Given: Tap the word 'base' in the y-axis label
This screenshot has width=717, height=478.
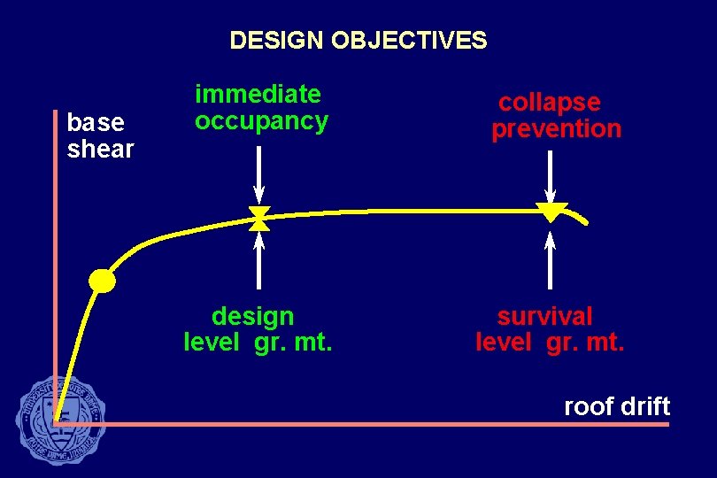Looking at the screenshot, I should click(x=96, y=122).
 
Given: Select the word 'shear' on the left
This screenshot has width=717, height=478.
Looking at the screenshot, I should click(x=100, y=150).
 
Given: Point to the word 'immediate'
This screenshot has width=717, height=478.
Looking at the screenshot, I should click(x=258, y=94).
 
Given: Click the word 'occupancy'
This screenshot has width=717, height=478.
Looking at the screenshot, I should click(x=261, y=121).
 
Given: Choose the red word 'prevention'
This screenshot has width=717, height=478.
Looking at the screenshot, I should click(x=557, y=129).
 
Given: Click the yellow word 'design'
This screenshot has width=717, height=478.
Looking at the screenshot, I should click(x=252, y=316).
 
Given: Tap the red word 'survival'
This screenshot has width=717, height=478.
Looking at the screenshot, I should click(x=544, y=316).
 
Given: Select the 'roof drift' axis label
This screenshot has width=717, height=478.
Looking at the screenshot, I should click(x=617, y=407).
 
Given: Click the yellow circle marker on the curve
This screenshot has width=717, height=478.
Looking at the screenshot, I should click(x=103, y=281).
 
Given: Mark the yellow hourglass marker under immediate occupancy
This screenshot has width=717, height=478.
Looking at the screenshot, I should click(x=258, y=219).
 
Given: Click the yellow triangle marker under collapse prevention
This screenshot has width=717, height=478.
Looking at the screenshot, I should click(x=551, y=212).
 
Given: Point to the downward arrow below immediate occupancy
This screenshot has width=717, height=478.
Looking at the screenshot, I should click(x=258, y=173).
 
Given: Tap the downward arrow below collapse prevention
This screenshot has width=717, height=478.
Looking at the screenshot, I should click(x=551, y=175).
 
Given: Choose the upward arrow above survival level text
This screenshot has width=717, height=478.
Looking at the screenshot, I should click(x=551, y=259).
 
